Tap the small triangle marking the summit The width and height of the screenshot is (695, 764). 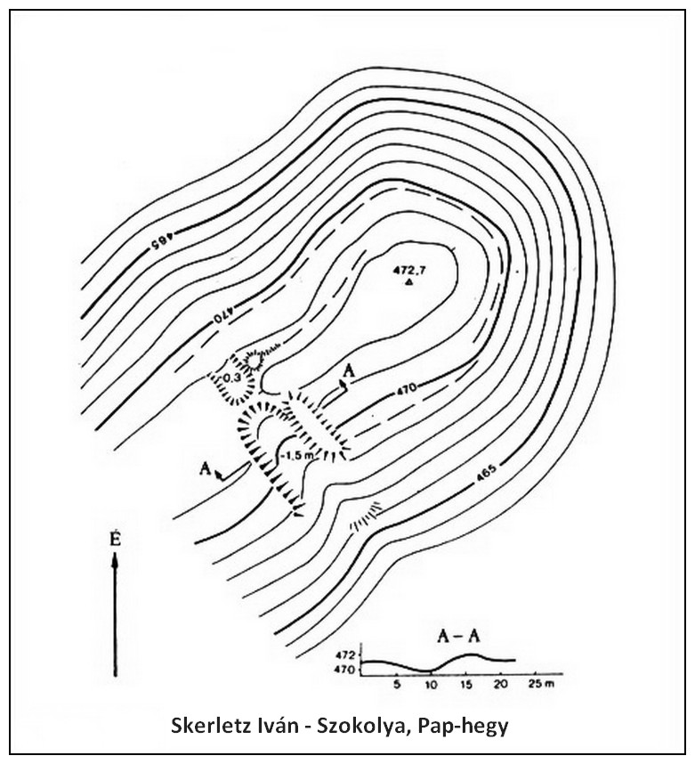(409, 282)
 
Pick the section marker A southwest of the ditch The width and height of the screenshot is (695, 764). (206, 468)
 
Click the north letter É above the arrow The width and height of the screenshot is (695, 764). (115, 542)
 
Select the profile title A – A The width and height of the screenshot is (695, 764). (459, 637)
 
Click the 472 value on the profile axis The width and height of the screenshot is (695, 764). (351, 654)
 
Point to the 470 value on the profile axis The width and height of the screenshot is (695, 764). (351, 670)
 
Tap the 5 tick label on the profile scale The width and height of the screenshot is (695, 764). (397, 685)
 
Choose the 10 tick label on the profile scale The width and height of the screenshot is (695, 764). (431, 685)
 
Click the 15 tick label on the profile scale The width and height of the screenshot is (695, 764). (466, 685)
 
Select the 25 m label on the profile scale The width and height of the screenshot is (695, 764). (542, 684)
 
